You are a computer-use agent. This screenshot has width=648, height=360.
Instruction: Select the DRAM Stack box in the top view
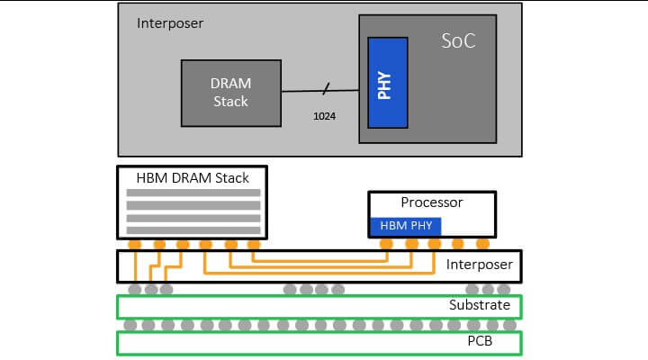click(231, 91)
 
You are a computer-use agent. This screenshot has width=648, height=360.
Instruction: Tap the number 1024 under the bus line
click(324, 116)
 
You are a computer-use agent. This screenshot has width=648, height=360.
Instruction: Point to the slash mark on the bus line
click(326, 88)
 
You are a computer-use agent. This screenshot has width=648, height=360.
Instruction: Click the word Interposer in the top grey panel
click(170, 22)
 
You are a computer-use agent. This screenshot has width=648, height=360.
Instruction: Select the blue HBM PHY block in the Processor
click(405, 226)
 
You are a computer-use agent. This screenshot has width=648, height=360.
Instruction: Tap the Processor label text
click(431, 202)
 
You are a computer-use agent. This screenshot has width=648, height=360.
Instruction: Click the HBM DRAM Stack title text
click(193, 176)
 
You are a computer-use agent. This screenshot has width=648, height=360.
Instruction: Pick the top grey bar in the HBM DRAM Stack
click(193, 193)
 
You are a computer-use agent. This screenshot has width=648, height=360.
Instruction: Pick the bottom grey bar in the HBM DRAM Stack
click(193, 229)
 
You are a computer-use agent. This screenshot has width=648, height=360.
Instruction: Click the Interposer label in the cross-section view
click(480, 265)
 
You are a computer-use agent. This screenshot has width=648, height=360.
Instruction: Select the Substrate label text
click(480, 305)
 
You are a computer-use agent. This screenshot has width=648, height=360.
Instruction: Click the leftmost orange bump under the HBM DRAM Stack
click(135, 244)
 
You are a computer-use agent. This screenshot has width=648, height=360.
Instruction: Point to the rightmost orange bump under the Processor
click(482, 244)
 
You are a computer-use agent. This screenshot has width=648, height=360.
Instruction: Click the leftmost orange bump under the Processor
click(387, 244)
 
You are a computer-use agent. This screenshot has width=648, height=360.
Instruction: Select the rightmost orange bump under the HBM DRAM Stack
click(253, 244)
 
